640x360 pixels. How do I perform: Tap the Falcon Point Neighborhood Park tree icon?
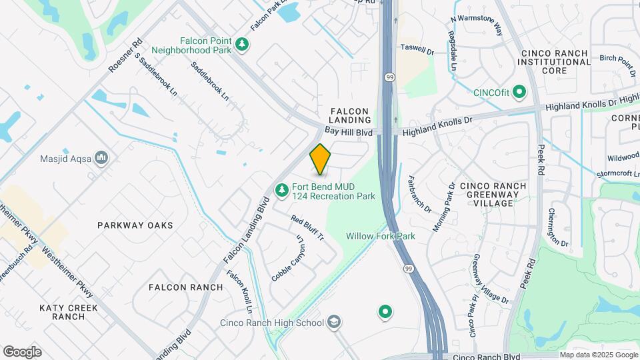pos(243,45)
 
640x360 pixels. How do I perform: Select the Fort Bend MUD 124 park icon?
pos(283,191)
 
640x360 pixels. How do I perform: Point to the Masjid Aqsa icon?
pos(101,158)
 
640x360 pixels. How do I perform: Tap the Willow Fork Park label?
pos(380,236)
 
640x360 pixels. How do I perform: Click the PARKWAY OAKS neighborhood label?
pos(135,225)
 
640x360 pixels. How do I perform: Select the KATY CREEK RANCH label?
pos(69,312)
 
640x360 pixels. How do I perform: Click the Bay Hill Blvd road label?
pos(348,133)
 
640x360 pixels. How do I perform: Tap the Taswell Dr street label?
pos(417,49)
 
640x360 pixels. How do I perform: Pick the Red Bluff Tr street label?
pos(307,228)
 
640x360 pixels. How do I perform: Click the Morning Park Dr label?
pos(443,207)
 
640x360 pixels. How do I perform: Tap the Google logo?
pos(22,352)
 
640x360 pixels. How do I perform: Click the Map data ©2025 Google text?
pos(598,355)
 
